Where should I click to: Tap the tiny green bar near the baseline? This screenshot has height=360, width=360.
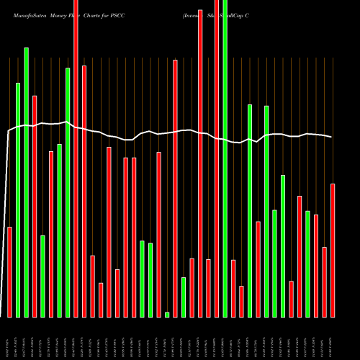167,315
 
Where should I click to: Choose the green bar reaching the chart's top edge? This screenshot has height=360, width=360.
225,158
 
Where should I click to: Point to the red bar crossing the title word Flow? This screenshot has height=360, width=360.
76,158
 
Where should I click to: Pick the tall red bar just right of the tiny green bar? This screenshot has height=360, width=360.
175,188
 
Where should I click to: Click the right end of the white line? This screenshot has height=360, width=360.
331,137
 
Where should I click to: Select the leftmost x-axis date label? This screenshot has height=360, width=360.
9,346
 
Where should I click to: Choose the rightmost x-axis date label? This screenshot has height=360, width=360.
333,346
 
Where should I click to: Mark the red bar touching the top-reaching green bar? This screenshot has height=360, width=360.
217,158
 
